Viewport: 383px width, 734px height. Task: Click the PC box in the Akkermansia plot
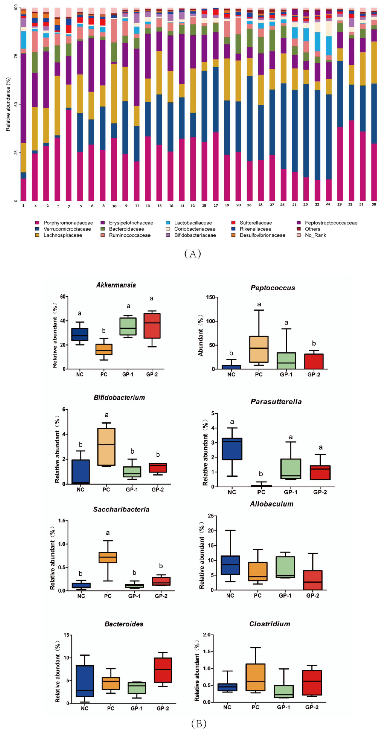pyautogui.click(x=104, y=349)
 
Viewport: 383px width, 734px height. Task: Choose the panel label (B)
pyautogui.click(x=199, y=723)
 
